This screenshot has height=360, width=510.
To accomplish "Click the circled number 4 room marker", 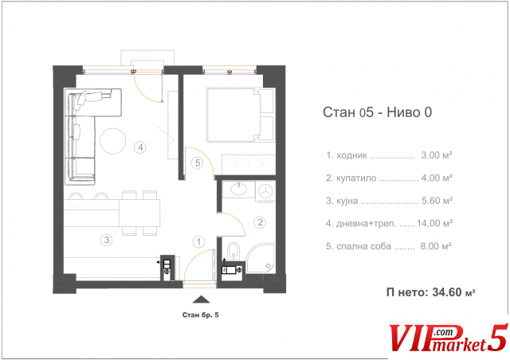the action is pyautogui.click(x=140, y=147).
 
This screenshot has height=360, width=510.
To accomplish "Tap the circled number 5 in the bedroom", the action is pyautogui.click(x=198, y=163).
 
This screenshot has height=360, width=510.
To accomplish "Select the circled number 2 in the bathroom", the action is pyautogui.click(x=261, y=222).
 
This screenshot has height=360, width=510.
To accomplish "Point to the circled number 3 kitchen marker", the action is pyautogui.click(x=106, y=240).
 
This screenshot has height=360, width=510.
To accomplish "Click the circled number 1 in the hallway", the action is pyautogui.click(x=198, y=241).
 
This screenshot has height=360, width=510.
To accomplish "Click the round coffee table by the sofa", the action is pyautogui.click(x=113, y=141).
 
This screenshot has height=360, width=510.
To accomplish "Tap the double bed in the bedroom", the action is pyautogui.click(x=241, y=115).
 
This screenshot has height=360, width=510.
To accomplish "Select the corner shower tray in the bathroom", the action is pyautogui.click(x=261, y=259).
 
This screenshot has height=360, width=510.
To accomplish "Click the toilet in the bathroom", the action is pyautogui.click(x=233, y=252).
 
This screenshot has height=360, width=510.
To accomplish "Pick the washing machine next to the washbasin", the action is pyautogui.click(x=265, y=191).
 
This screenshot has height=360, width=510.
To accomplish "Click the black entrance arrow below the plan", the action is pyautogui.click(x=201, y=299).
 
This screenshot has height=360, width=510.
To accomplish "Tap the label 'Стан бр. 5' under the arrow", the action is pyautogui.click(x=200, y=315).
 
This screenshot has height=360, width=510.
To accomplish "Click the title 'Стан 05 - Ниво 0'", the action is pyautogui.click(x=377, y=112).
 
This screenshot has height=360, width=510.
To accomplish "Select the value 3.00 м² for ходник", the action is pyautogui.click(x=437, y=155).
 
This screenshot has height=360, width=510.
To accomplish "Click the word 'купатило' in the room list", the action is pyautogui.click(x=356, y=178).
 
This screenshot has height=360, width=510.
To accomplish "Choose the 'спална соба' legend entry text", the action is pyautogui.click(x=363, y=246).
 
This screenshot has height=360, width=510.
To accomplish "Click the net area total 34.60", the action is pyautogui.click(x=447, y=292).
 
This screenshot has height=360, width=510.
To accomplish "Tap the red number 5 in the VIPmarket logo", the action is pyautogui.click(x=497, y=338).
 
